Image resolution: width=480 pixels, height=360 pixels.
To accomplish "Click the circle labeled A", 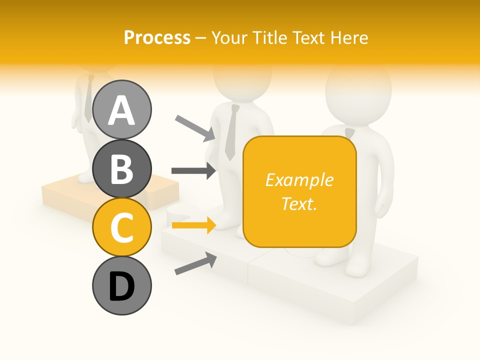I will click(x=121, y=109).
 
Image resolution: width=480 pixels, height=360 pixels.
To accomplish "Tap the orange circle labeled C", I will click(x=121, y=227).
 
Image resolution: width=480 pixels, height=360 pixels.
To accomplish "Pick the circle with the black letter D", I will click(x=121, y=285).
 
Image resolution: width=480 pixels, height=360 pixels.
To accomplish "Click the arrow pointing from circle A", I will click(x=195, y=127).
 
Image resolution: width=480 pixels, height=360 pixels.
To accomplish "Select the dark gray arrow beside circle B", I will click(x=193, y=170).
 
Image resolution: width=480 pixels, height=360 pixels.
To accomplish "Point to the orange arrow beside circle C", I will click(x=193, y=225).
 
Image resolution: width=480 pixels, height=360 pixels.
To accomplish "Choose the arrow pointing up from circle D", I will click(x=195, y=263).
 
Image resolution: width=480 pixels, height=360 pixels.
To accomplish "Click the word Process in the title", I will click(x=157, y=38).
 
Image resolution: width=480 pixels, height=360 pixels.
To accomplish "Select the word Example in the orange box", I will click(x=299, y=180).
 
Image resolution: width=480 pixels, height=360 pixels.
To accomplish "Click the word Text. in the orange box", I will click(x=299, y=203).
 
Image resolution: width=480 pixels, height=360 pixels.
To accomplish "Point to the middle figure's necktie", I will click(x=231, y=133).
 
